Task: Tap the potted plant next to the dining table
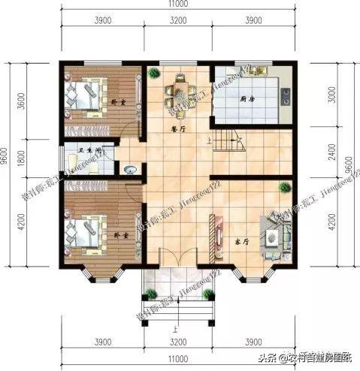coord(153,73)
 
